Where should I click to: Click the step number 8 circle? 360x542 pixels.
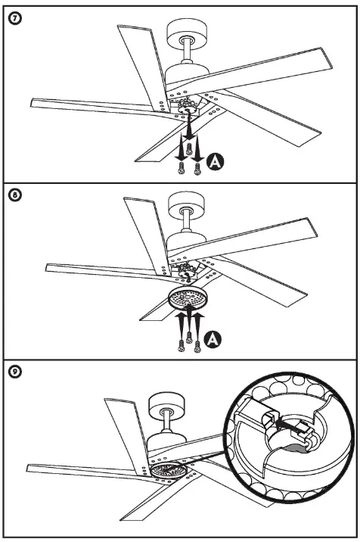(x=13, y=195)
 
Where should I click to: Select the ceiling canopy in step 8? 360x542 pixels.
(x=184, y=207)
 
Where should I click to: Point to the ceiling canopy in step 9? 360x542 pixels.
(x=165, y=407)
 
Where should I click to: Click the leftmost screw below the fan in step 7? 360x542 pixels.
(x=180, y=171)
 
